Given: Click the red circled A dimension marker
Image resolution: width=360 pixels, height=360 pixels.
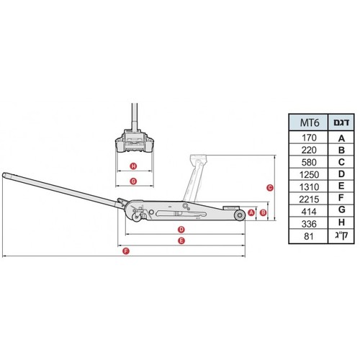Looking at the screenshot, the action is [251, 212].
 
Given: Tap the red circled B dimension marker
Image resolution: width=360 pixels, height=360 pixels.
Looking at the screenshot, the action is [264, 212].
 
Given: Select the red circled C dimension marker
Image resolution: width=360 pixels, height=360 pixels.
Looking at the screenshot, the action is [270, 188].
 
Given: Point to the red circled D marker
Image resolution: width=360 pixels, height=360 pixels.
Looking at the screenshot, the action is [181, 230].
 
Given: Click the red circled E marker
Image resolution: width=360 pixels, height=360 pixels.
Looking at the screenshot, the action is [181, 240].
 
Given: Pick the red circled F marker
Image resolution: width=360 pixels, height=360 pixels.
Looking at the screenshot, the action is [126, 251].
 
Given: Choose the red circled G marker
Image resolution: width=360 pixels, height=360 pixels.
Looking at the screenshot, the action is [133, 181].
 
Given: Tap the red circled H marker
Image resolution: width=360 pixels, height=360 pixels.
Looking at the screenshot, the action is [133, 166].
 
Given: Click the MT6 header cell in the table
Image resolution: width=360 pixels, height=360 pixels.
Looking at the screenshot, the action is [310, 122].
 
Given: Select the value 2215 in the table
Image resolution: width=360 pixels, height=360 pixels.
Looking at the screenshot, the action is [309, 199].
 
